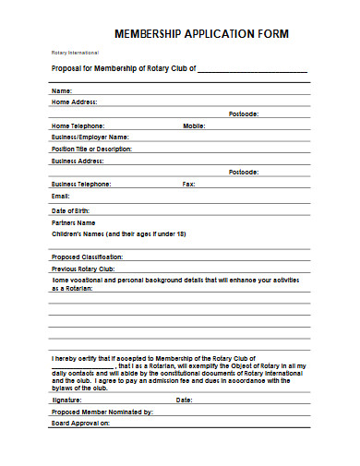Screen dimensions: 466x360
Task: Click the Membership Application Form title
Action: (x=200, y=33)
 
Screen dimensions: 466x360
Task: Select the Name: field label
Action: (x=61, y=90)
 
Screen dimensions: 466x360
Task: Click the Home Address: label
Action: (x=74, y=102)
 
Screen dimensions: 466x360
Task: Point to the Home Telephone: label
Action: (x=78, y=125)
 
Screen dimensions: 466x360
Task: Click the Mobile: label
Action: (x=194, y=125)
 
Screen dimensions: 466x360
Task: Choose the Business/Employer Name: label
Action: (x=90, y=136)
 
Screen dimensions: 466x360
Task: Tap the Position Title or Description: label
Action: (x=92, y=148)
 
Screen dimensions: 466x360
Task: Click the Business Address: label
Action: (x=78, y=160)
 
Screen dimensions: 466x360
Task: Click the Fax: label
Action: (x=189, y=184)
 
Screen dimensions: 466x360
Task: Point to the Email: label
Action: (x=61, y=196)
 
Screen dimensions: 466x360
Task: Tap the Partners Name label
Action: (x=73, y=222)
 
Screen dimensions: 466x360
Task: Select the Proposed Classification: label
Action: (x=87, y=256)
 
